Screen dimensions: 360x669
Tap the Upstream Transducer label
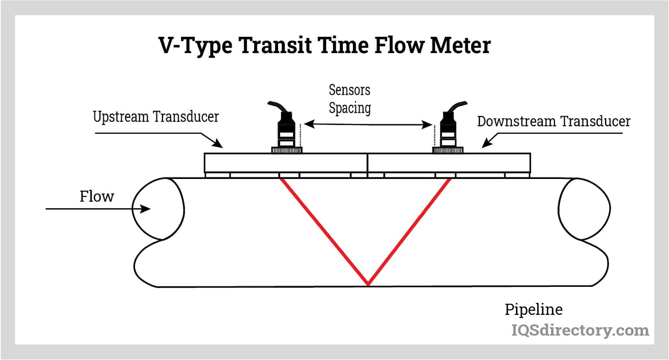[x=156, y=117]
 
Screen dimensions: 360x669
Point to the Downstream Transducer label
[x=554, y=121]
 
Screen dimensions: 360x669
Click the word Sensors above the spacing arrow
[x=350, y=90]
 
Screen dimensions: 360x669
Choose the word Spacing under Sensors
[x=350, y=108]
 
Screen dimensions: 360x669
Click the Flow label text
[x=97, y=196]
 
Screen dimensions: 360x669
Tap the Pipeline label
[x=534, y=309]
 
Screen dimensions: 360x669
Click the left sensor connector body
[x=286, y=130]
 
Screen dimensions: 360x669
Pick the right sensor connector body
[x=447, y=130]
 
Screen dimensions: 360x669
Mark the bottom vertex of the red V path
[x=368, y=284]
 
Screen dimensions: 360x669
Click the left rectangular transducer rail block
[x=286, y=163]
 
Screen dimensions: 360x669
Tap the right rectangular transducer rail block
[x=449, y=163]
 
